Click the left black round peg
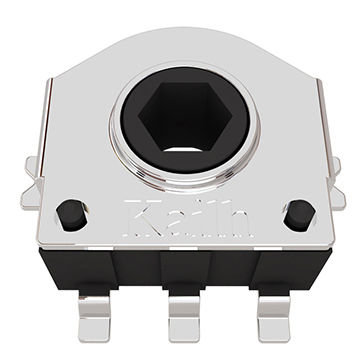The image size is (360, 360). coord(69,213)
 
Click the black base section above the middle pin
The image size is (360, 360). coord(183,268)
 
